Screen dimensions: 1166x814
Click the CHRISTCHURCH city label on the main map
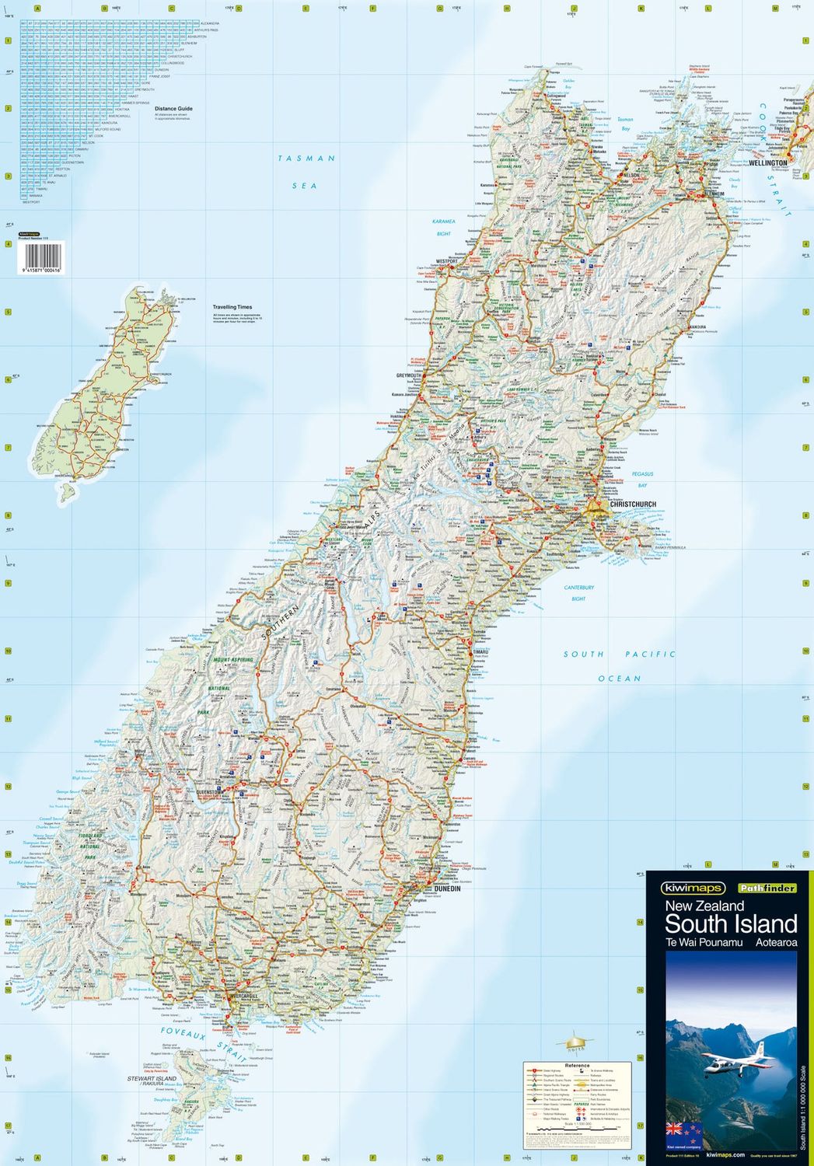point(633,504)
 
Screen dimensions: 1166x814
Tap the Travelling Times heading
point(232,307)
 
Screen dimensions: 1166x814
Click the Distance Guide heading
point(173,109)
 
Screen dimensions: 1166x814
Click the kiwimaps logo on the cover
point(693,888)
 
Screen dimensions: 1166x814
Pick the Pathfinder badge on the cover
point(767,888)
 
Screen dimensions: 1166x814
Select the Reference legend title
point(577,1065)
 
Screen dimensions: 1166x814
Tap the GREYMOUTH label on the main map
point(408,375)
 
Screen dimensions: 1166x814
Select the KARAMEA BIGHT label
point(444,227)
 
